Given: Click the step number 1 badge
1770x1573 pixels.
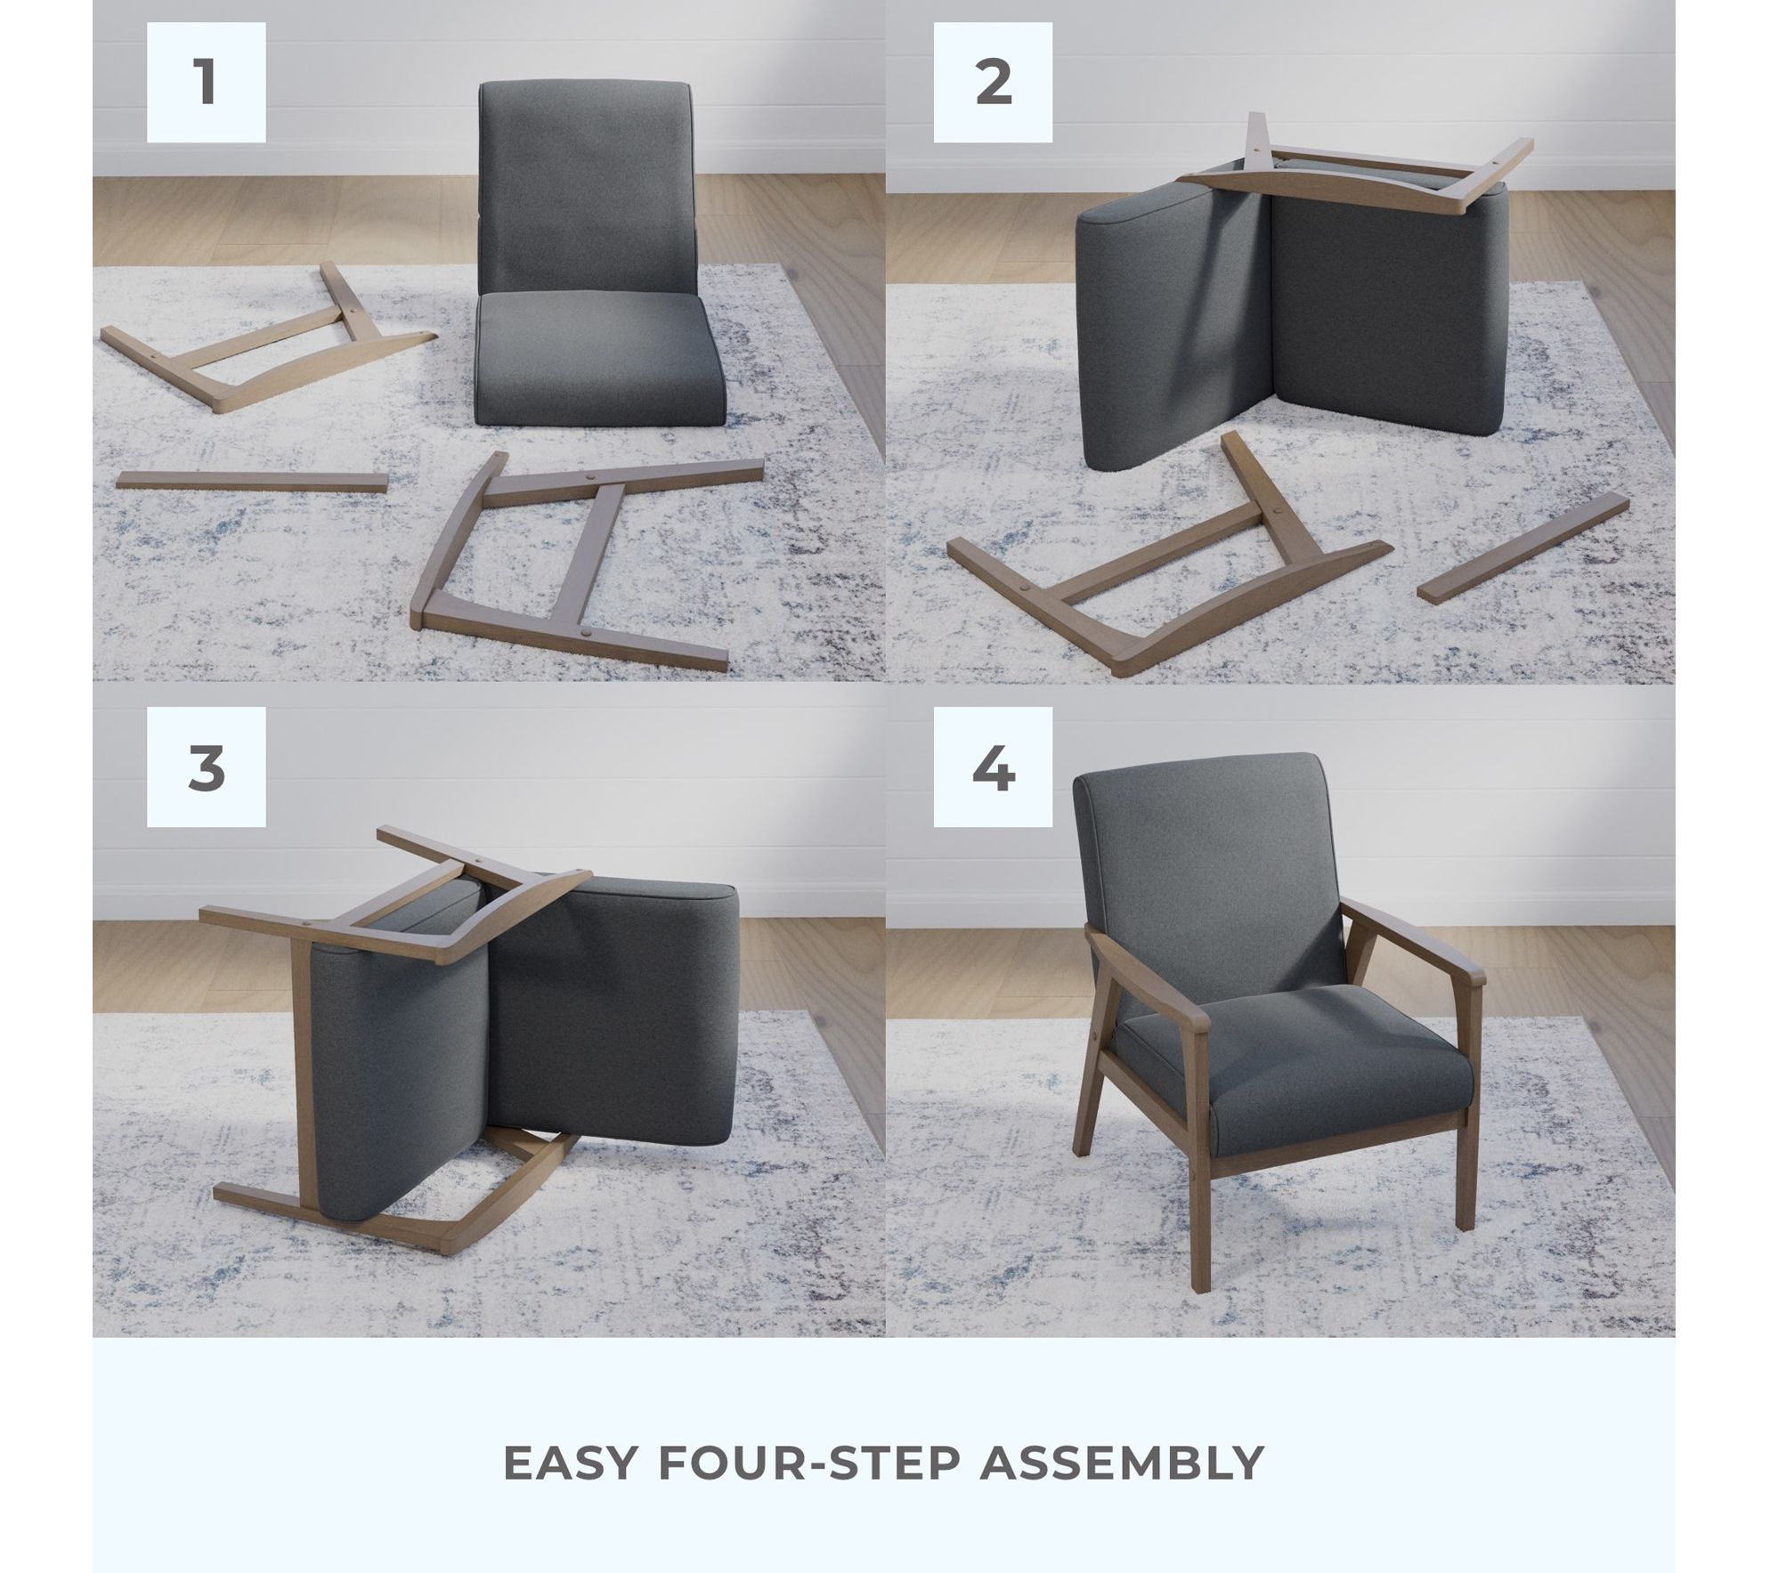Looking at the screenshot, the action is pyautogui.click(x=206, y=82).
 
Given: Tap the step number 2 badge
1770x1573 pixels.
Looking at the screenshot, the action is pyautogui.click(x=993, y=82).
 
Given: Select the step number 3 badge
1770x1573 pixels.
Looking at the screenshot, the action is pyautogui.click(x=206, y=767).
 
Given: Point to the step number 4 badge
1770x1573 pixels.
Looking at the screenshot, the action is pyautogui.click(x=993, y=767).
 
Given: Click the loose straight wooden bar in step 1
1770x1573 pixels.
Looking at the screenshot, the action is pyautogui.click(x=253, y=482).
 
